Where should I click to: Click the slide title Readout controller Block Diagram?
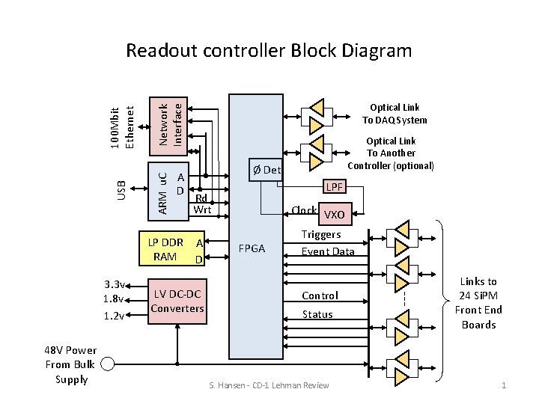coord(269,51)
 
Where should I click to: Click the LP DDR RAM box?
coord(174,250)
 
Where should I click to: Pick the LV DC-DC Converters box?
coord(177,302)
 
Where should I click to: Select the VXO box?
coord(335,215)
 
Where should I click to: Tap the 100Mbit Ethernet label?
coord(121,118)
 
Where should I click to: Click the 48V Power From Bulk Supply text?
coord(71,364)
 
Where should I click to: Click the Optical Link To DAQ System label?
coord(395,114)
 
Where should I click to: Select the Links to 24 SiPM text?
coord(478,303)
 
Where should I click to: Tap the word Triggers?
coord(321,234)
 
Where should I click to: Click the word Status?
coord(317,314)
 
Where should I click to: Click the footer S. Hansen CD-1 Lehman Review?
coord(269,385)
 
